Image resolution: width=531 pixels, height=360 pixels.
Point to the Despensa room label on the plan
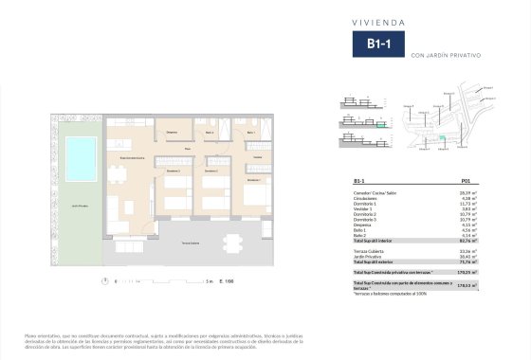click(172, 132)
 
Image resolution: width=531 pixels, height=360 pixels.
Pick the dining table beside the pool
click(118, 173)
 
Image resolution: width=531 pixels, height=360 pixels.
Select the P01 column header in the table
click(465, 179)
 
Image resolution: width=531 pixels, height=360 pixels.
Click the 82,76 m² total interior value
click(467, 241)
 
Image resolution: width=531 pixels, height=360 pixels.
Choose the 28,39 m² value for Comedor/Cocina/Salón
click(467, 191)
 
